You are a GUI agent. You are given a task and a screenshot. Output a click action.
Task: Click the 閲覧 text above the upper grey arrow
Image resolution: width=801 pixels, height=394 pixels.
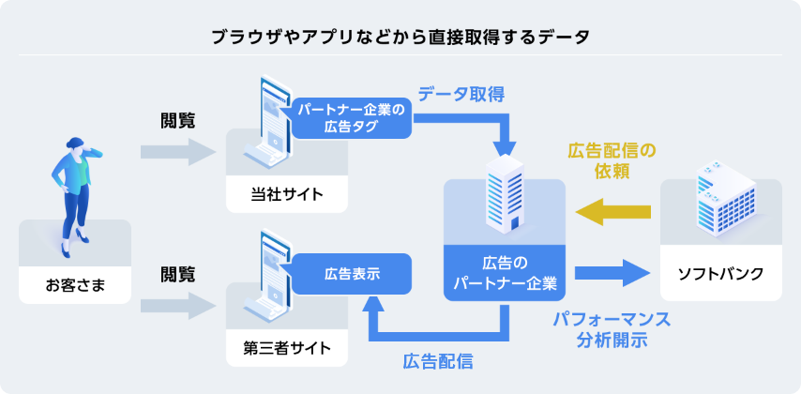(178, 121)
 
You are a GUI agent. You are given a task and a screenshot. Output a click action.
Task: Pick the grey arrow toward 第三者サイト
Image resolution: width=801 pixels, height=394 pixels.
(178, 305)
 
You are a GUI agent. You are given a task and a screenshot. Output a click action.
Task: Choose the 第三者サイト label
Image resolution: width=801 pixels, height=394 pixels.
(287, 348)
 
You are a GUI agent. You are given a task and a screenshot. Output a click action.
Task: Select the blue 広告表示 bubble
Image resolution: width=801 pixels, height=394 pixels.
(352, 274)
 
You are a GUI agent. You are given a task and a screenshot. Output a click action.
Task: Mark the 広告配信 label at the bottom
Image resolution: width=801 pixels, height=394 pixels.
(437, 360)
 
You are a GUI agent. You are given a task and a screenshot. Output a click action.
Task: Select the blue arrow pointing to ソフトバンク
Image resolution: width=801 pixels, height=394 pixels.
(612, 273)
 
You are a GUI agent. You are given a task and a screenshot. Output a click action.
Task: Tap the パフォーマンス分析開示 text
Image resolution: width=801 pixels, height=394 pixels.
(612, 329)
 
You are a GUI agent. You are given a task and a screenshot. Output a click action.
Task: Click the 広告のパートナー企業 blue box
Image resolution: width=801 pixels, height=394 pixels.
(505, 272)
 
